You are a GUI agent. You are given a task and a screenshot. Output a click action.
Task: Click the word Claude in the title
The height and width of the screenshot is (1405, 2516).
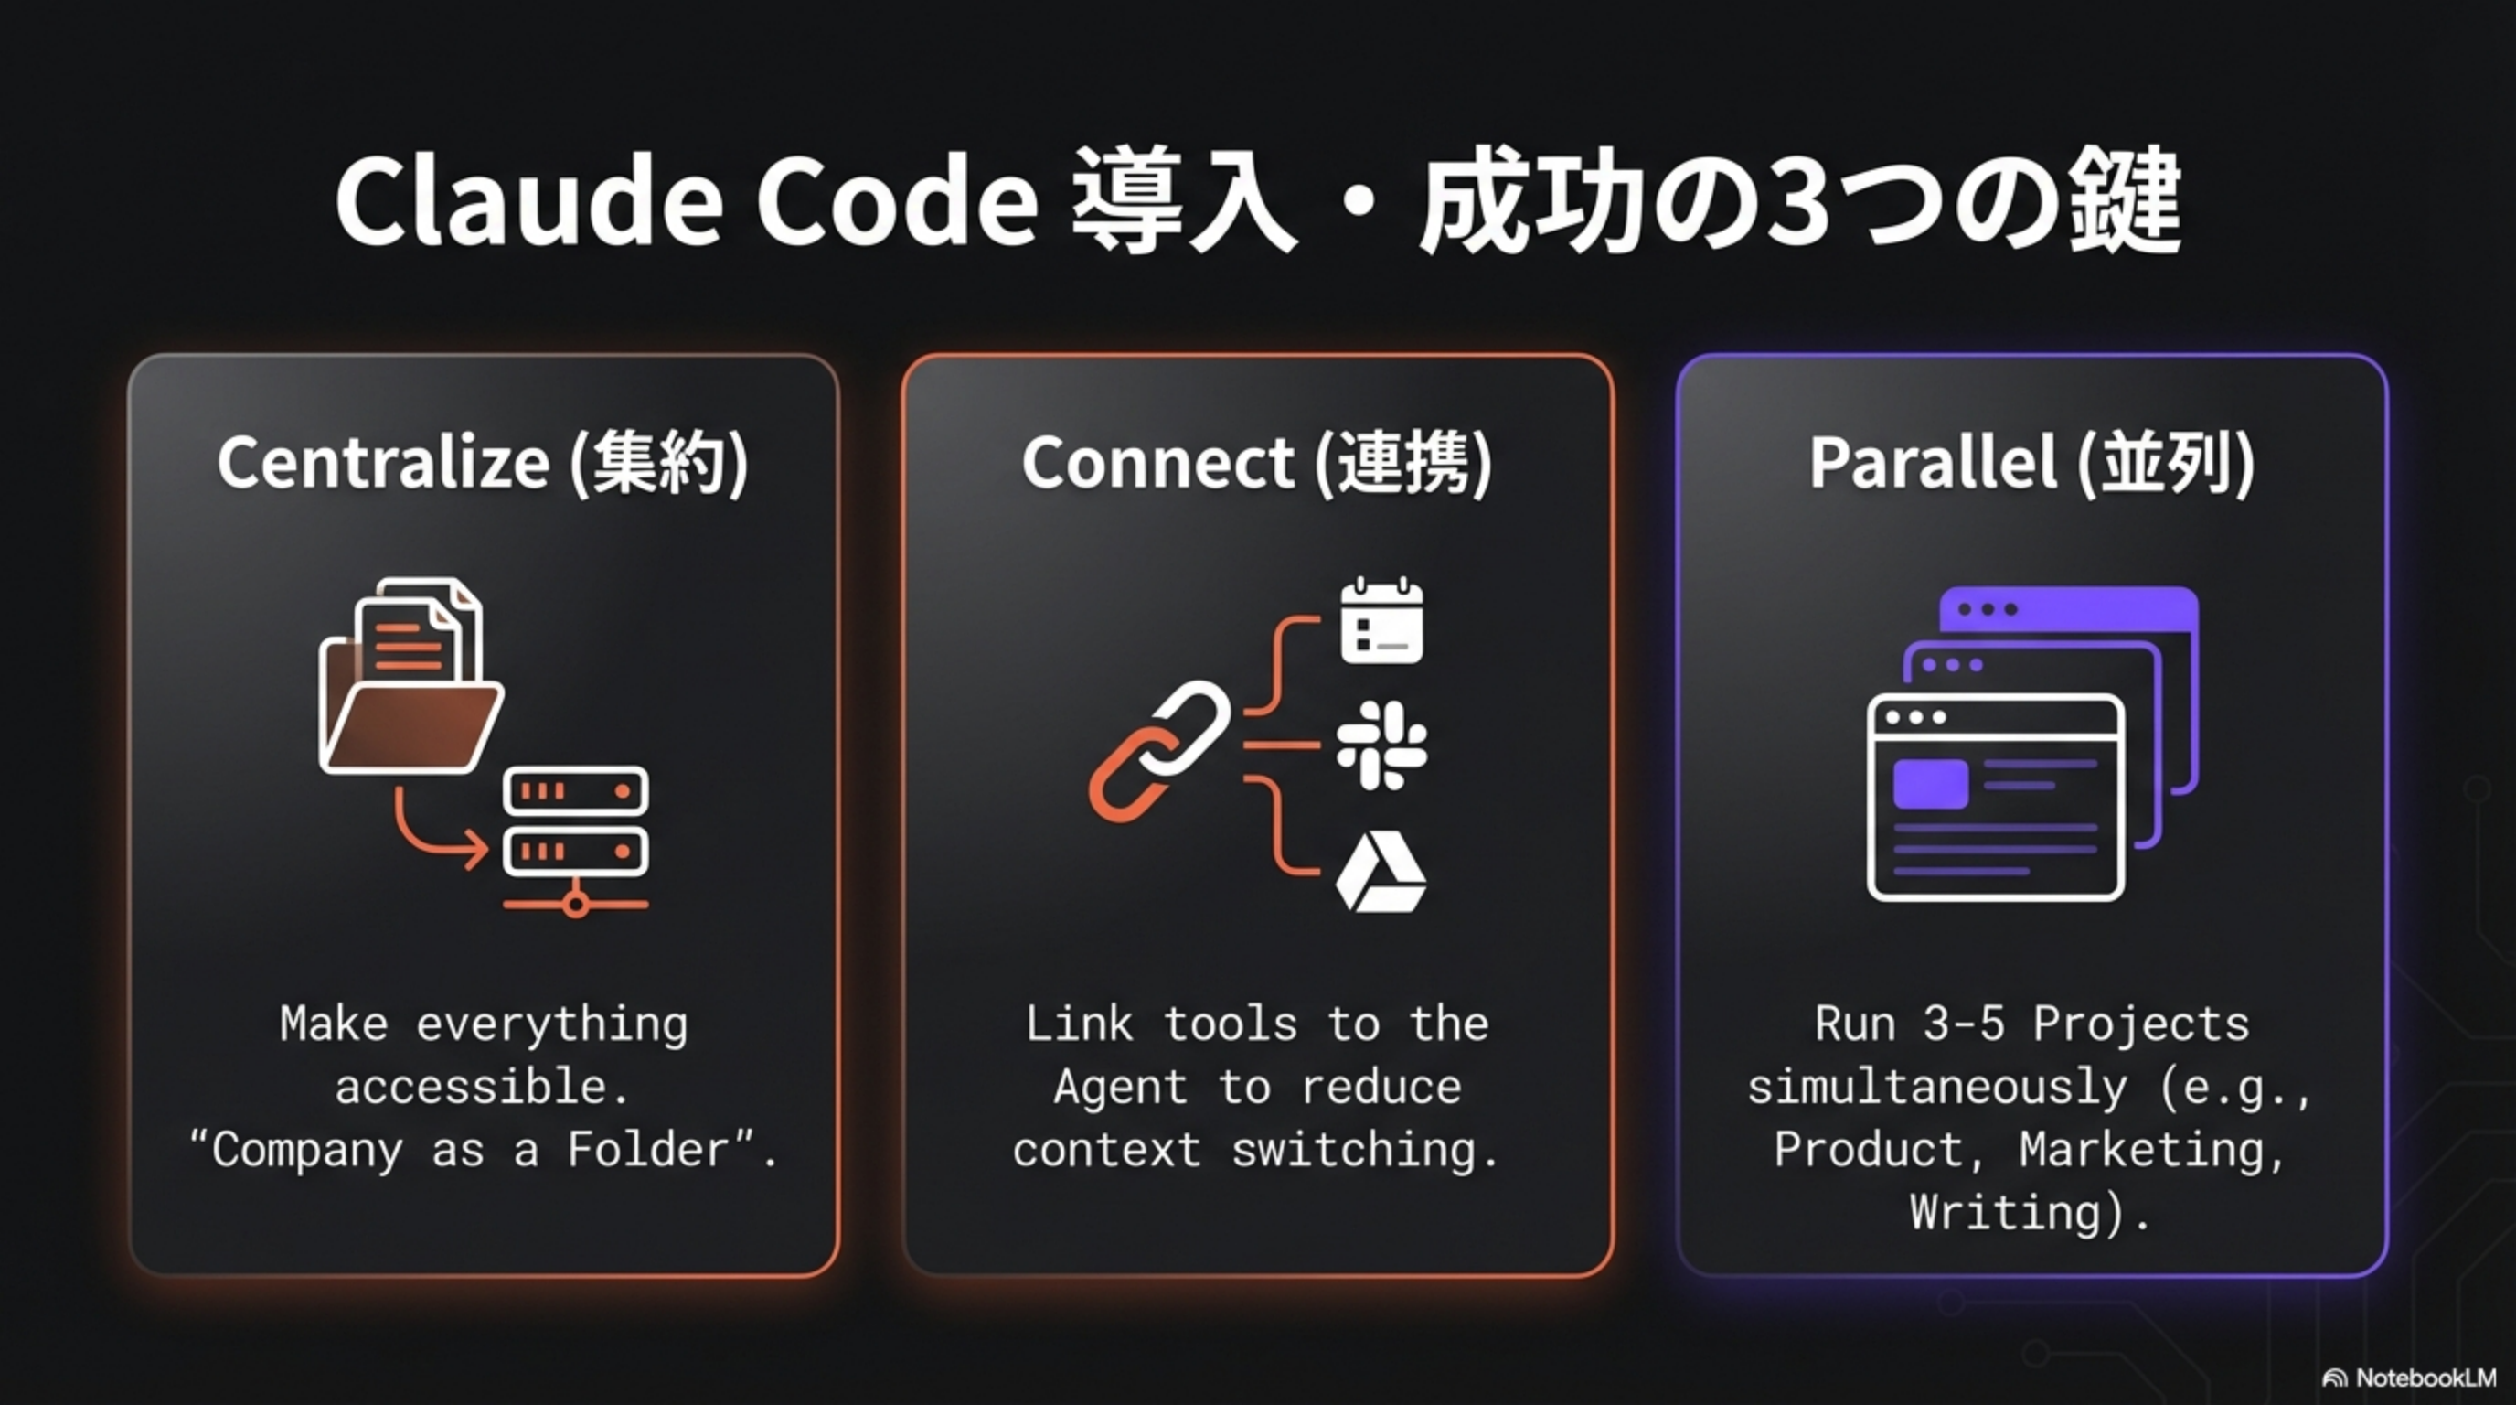click(x=528, y=201)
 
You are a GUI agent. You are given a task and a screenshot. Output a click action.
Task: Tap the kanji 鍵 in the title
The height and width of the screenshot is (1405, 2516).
click(x=2124, y=201)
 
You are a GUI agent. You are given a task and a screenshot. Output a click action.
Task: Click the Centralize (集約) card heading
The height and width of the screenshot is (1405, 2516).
click(x=483, y=462)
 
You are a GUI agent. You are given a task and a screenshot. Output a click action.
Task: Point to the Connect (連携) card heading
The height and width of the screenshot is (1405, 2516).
click(x=1257, y=462)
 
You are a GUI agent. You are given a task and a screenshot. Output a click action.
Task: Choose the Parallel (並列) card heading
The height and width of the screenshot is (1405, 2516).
click(x=2031, y=462)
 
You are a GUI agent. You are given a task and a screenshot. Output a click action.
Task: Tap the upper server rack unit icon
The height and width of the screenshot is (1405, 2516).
click(x=575, y=790)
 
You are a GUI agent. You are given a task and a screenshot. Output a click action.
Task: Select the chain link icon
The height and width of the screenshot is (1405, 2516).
click(x=1159, y=750)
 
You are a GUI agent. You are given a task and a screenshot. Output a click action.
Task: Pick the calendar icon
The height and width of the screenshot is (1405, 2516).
click(x=1381, y=621)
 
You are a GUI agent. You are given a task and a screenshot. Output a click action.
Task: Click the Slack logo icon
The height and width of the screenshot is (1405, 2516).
click(x=1381, y=745)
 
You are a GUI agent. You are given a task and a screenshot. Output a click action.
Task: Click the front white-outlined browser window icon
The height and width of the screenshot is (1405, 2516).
click(x=1995, y=797)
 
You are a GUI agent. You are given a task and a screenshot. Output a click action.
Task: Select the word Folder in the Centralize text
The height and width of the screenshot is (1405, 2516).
click(x=647, y=1150)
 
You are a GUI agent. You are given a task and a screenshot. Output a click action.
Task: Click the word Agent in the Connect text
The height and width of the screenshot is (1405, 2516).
click(x=1119, y=1088)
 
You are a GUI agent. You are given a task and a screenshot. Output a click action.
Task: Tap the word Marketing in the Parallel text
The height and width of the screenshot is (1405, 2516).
click(x=2152, y=1150)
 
